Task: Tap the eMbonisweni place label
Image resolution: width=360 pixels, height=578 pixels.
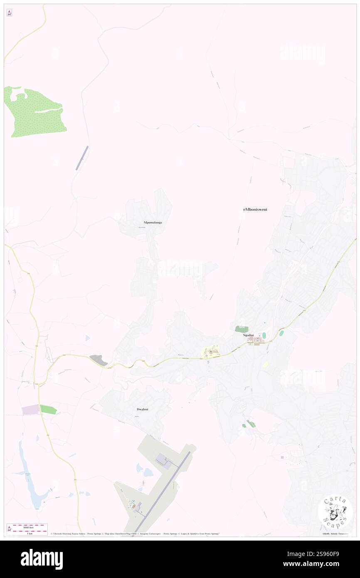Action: [x=255, y=210]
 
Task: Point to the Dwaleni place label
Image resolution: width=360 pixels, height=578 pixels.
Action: [x=143, y=409]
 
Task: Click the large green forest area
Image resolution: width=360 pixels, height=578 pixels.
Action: [x=35, y=112]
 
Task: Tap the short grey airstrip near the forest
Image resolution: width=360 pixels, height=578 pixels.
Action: [x=82, y=158]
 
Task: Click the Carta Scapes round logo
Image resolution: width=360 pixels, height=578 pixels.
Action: [x=335, y=511]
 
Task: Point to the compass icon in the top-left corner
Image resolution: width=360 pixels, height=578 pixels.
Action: [x=9, y=13]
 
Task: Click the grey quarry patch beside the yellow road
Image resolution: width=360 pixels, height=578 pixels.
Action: [x=99, y=360]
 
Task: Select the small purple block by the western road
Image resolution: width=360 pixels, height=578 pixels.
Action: [x=30, y=410]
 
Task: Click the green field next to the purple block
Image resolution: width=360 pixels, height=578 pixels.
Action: [x=48, y=409]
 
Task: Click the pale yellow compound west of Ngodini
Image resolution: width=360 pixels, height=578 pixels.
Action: [x=211, y=352]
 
